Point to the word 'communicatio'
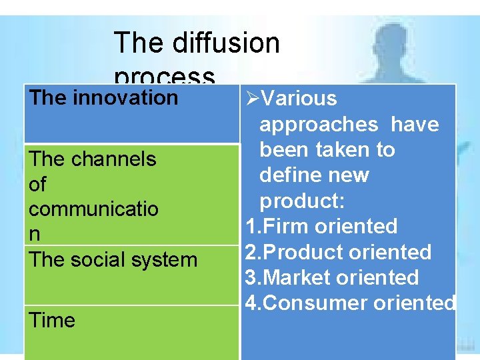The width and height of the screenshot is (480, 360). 93,209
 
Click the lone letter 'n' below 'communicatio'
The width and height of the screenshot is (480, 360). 34,235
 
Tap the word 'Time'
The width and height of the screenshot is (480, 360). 52,320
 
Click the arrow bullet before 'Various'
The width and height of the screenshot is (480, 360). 251,99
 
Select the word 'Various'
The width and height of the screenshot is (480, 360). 299,99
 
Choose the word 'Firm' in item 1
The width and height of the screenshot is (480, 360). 287,227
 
